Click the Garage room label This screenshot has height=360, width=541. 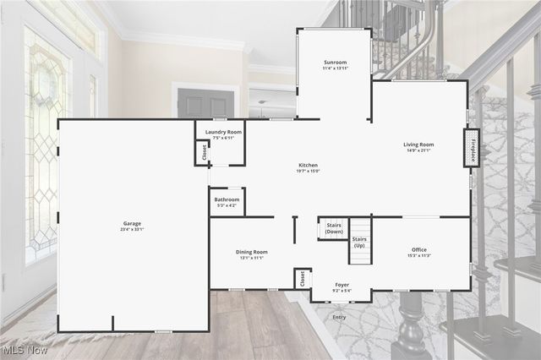coord(132,223)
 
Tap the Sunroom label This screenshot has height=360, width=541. coord(336,63)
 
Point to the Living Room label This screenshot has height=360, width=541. coord(418,145)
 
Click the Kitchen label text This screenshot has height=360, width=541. coord(308,165)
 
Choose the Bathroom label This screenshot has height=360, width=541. coord(227,199)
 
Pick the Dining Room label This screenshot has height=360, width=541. coord(252,252)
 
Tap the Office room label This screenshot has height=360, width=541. coord(419,249)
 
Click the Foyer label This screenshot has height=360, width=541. coord(342,285)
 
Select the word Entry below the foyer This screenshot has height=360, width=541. coord(339,317)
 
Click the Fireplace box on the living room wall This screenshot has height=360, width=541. coord(473,148)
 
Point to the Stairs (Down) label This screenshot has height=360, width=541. coord(334,228)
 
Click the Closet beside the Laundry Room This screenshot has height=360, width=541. coord(204,152)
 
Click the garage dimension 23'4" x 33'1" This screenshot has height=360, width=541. coord(132,229)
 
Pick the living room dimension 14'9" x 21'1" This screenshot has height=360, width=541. coord(418,150)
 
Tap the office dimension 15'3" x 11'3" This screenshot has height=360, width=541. coord(419,255)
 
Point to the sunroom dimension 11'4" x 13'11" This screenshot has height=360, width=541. coord(336,68)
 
